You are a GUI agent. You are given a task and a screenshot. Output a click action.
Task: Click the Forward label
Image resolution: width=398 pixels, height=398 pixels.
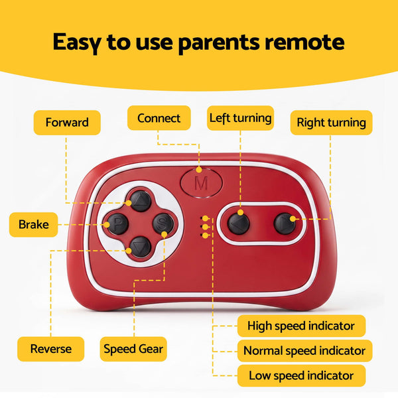(x=67, y=123)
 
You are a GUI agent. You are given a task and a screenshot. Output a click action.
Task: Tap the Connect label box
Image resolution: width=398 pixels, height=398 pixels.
(x=159, y=118)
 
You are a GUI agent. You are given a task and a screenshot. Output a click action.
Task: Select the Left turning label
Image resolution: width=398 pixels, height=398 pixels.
(x=240, y=118)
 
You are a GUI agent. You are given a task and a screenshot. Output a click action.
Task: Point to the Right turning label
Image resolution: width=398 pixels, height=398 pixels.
(x=331, y=123)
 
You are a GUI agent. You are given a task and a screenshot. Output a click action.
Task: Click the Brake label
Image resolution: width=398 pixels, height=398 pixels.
(x=34, y=225)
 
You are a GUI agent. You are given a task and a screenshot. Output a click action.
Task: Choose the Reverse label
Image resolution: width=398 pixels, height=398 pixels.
(x=51, y=349)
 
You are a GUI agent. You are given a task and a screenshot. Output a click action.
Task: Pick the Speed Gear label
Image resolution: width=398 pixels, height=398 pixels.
(x=133, y=349)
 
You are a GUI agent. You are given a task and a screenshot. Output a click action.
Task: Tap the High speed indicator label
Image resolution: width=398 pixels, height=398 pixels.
(x=301, y=326)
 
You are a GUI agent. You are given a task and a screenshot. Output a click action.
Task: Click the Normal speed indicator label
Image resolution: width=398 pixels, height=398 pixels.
(x=304, y=351)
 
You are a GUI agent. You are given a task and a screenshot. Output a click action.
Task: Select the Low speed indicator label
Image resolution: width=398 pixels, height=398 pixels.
(x=301, y=375)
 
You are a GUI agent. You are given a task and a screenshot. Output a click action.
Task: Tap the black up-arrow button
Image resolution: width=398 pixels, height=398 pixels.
(x=141, y=201)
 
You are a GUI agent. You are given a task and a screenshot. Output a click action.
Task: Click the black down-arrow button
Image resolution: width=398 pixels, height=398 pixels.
(x=141, y=247)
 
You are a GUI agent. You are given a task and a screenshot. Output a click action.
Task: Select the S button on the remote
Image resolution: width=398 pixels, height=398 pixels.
(x=163, y=224)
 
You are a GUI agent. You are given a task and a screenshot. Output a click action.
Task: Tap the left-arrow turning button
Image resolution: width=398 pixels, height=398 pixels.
(x=239, y=224)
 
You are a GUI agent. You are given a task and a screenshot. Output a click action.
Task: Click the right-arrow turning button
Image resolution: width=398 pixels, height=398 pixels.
(x=285, y=224)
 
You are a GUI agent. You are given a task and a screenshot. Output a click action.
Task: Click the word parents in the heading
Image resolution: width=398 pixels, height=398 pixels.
(x=219, y=42)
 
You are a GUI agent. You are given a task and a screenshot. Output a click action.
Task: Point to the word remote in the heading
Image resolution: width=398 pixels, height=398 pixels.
(x=304, y=42)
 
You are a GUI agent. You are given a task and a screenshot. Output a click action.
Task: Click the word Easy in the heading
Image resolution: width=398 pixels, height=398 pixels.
(x=77, y=42)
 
